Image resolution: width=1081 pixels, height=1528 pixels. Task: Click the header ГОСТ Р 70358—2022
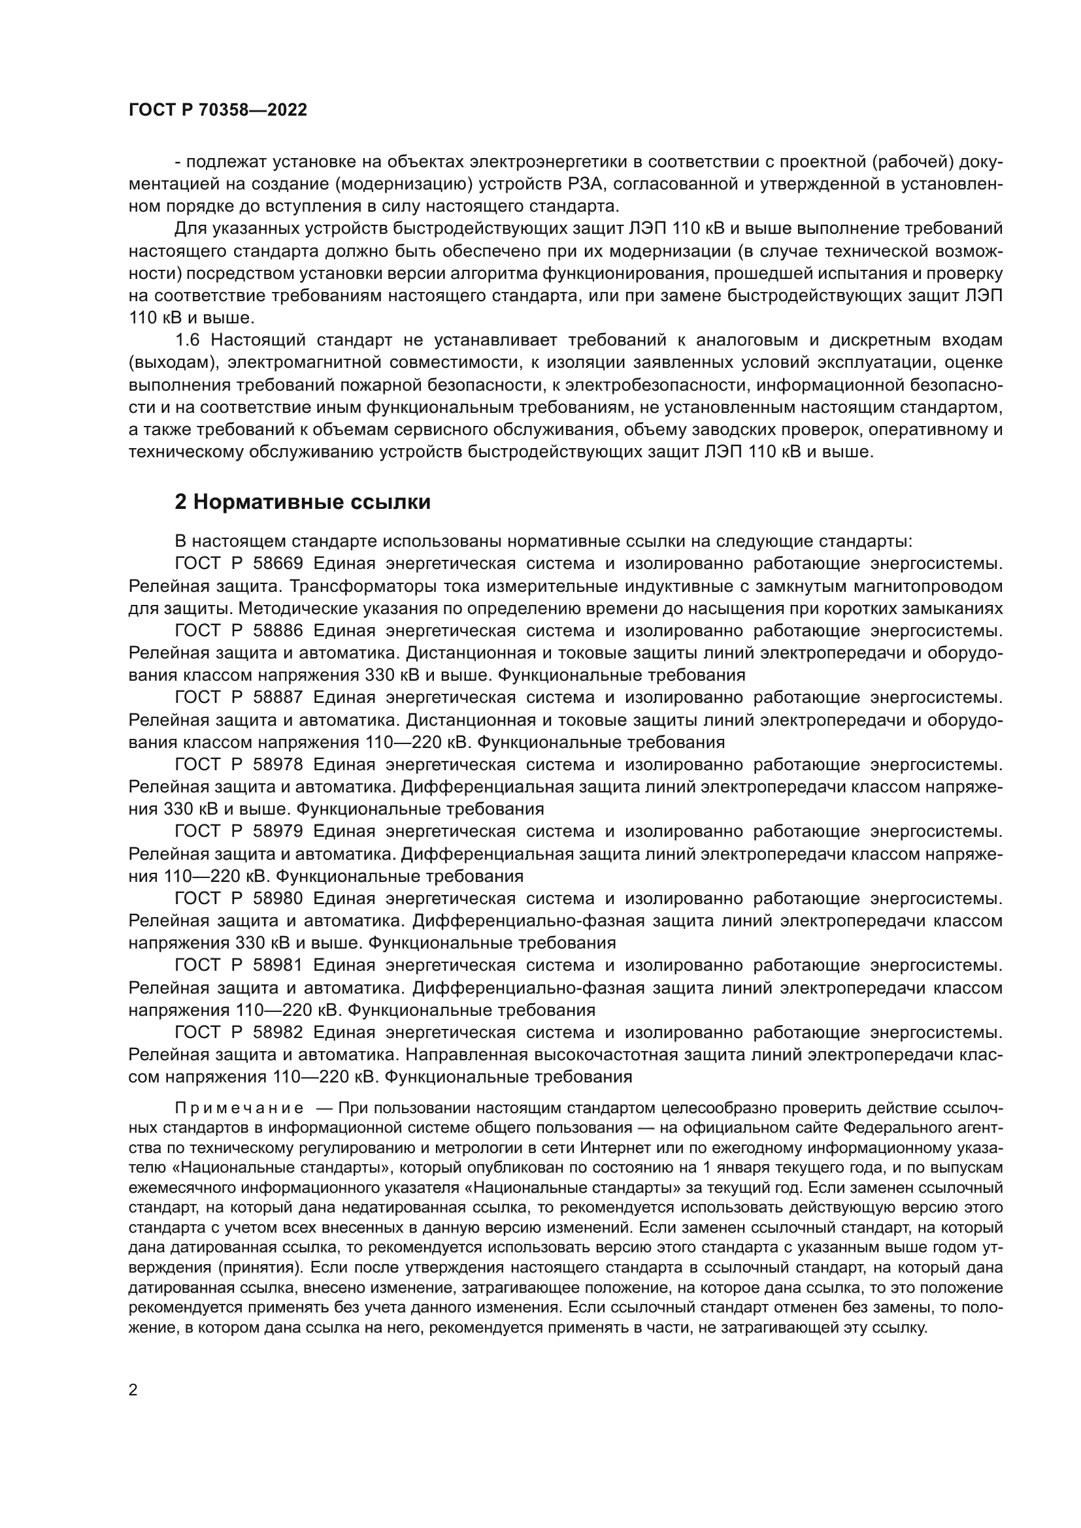[x=218, y=110]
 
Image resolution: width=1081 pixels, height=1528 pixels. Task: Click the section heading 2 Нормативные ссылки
[x=302, y=502]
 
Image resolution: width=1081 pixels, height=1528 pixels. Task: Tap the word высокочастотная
[x=617, y=1055]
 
